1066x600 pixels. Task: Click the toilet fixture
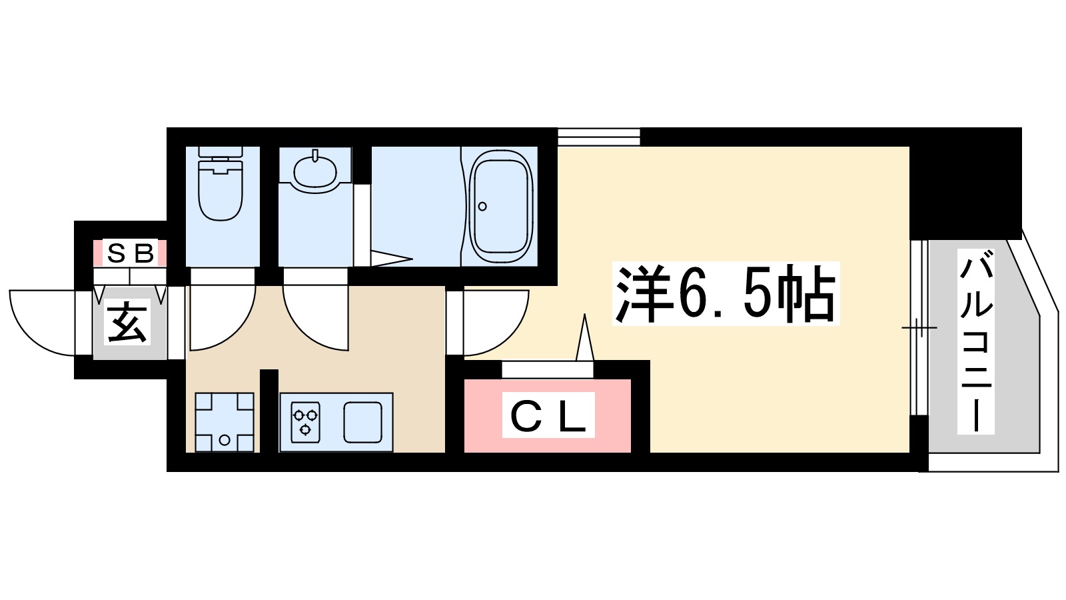click(x=221, y=187)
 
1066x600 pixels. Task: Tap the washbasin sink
click(x=314, y=171)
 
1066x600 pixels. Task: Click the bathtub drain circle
click(x=482, y=206)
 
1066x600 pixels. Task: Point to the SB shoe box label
click(x=130, y=253)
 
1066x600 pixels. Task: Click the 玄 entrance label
click(x=128, y=323)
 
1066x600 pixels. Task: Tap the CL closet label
click(x=548, y=417)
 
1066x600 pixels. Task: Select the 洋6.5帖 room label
click(x=726, y=295)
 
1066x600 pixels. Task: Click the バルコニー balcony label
click(x=976, y=341)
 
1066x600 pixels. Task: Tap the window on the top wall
click(x=598, y=137)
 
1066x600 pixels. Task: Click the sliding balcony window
click(x=919, y=327)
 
